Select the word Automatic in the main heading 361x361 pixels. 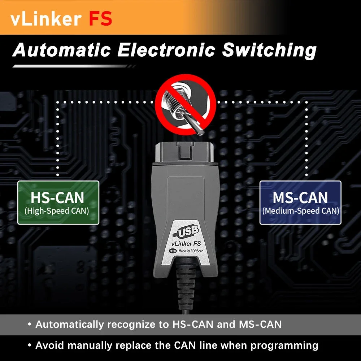click(x=61, y=51)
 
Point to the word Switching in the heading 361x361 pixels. click(x=269, y=51)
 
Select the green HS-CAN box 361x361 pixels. click(x=58, y=203)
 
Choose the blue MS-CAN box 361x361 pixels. click(x=300, y=203)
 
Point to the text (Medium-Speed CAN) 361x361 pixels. click(x=301, y=210)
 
